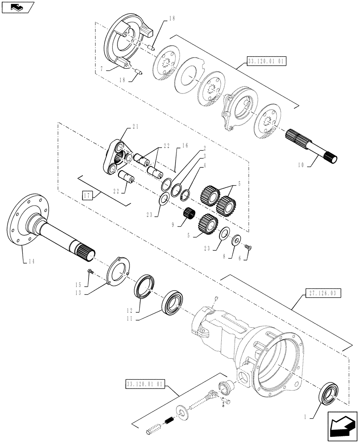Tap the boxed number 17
pos(86,194)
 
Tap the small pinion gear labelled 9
pos(190,214)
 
